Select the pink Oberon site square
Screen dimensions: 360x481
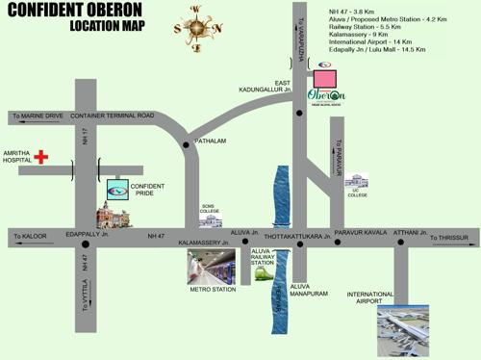tap(326, 76)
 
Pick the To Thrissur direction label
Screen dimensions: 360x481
tap(451, 236)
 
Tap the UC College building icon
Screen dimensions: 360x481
tap(357, 181)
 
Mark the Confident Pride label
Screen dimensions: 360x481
tap(148, 190)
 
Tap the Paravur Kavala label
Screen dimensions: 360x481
tap(361, 233)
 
